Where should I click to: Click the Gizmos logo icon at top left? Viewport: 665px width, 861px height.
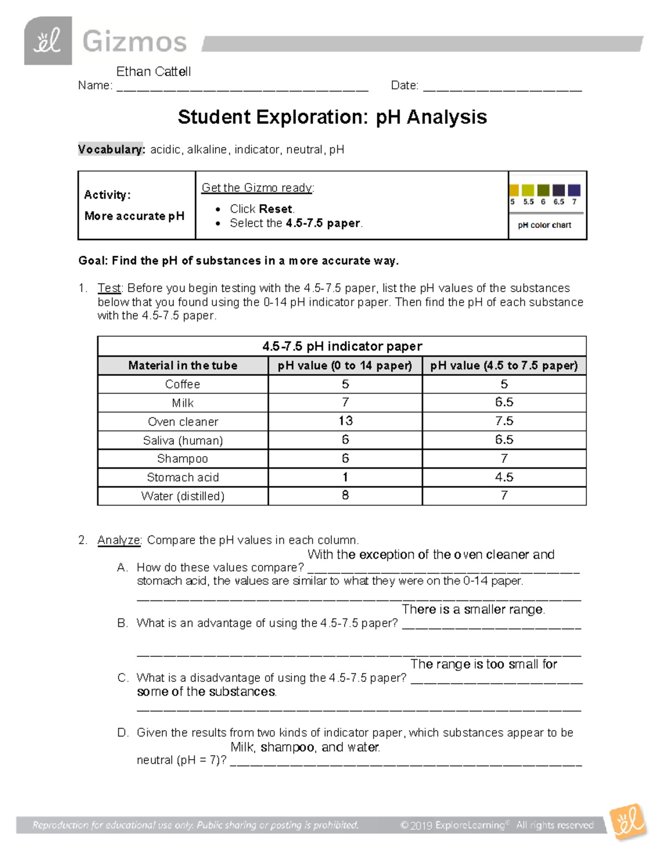(48, 41)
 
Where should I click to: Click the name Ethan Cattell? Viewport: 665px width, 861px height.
(154, 72)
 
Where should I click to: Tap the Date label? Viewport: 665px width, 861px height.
(404, 85)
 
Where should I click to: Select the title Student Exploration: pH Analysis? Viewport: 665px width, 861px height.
(332, 117)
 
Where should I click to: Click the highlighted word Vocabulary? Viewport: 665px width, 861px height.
(111, 150)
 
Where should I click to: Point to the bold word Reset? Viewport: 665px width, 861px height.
(276, 209)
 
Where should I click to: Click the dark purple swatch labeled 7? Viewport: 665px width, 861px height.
(574, 190)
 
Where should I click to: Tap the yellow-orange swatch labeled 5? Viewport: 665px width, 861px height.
(514, 190)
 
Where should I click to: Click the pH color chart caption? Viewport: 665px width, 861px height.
(544, 225)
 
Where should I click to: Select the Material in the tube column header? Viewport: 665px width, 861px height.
(182, 365)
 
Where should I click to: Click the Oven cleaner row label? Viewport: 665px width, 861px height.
(182, 421)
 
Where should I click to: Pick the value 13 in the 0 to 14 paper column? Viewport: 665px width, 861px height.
(345, 421)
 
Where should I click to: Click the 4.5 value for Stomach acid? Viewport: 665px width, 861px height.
(504, 477)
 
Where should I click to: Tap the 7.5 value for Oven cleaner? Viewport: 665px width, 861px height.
(504, 421)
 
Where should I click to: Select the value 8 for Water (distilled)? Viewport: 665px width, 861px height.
(345, 495)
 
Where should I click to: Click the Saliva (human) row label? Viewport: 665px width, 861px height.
(182, 440)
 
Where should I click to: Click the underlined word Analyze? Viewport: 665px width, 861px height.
(119, 540)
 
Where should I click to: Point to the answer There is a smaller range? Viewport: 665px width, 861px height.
(473, 609)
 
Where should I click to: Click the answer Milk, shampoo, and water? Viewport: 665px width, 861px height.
(305, 747)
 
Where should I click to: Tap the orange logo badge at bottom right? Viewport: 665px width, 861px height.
(628, 822)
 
